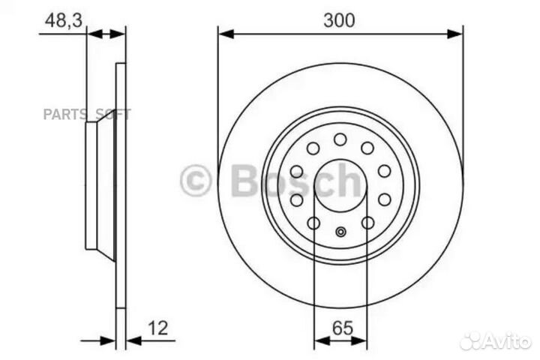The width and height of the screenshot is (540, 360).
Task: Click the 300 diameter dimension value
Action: tap(339, 20)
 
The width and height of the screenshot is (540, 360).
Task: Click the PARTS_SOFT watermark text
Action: tap(86, 115)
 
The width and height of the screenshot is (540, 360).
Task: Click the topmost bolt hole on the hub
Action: tap(340, 139)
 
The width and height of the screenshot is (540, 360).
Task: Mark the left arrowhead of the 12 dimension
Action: tap(111, 340)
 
